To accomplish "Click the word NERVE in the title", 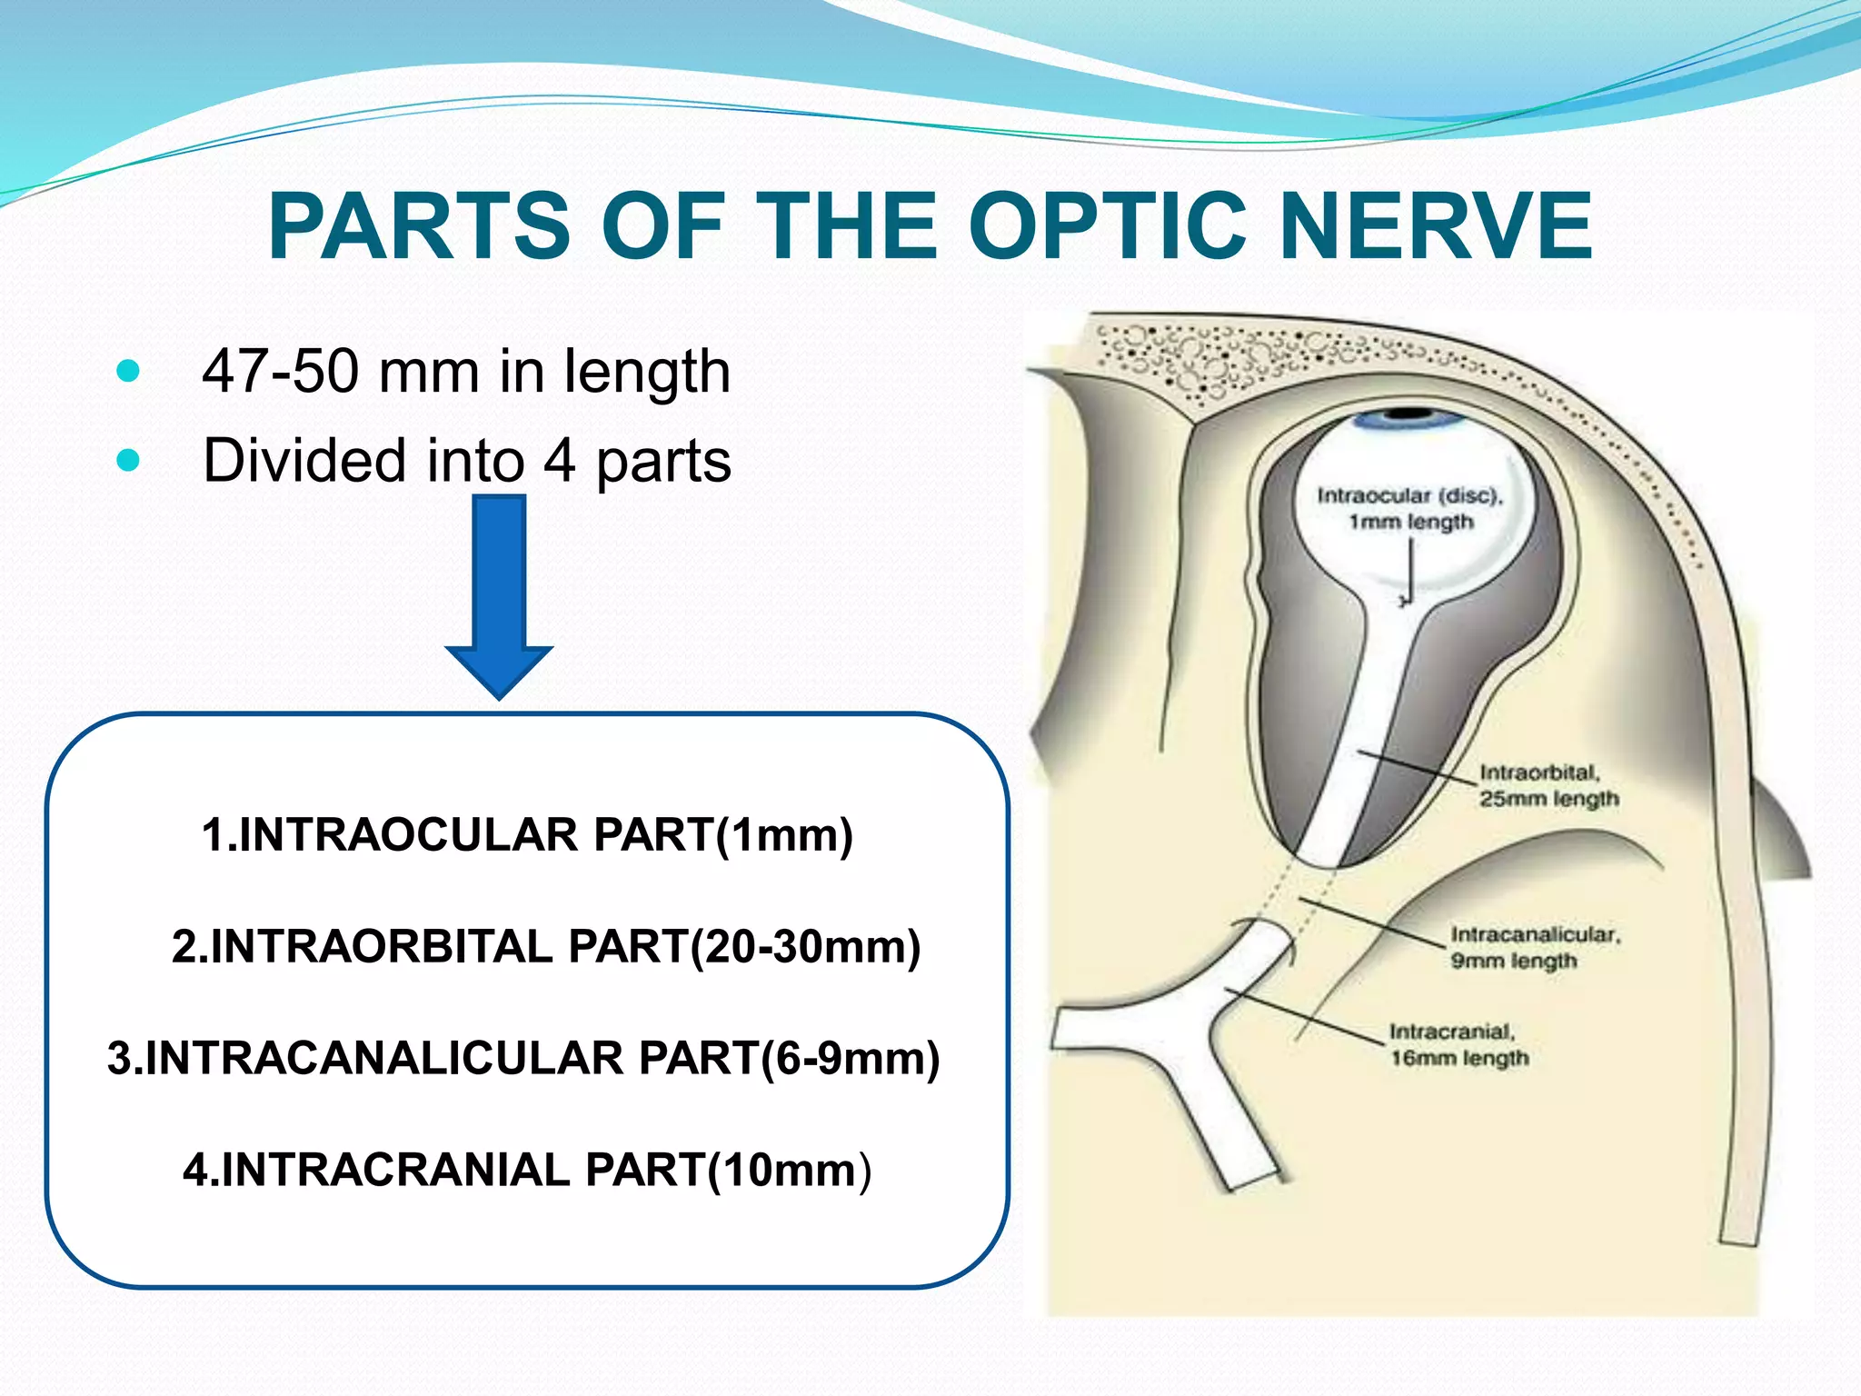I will coord(1435,226).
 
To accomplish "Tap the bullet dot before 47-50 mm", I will coord(129,371).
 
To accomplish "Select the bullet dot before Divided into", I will coord(129,460).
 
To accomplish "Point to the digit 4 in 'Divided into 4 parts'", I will coord(560,460).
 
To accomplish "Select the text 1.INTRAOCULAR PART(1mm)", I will coord(527,834).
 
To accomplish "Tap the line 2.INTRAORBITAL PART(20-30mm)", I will coord(545,946).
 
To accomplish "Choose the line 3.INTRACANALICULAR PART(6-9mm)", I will coord(523,1058).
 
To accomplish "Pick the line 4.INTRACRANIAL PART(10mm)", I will coord(527,1170).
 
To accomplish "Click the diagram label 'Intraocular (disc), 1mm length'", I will coord(1410,508).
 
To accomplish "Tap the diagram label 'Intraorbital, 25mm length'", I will coord(1548,785).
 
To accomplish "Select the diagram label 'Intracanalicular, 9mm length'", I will coord(1534,947).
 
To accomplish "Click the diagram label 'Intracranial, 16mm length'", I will coord(1458,1044).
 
